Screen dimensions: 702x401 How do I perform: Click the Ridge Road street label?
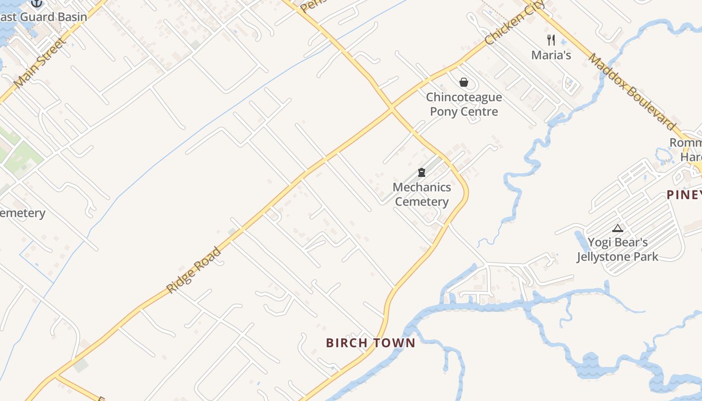tap(194, 270)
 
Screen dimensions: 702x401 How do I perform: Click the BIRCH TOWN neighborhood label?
tap(371, 343)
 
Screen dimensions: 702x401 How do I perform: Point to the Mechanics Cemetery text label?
tap(421, 194)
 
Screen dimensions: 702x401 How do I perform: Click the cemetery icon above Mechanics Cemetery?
tap(422, 173)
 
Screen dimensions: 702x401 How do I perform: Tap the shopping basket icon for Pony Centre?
tap(464, 82)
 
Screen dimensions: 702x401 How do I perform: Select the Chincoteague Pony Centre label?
tap(464, 104)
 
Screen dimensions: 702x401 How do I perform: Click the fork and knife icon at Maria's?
tap(551, 40)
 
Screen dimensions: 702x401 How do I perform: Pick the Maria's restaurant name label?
tap(551, 55)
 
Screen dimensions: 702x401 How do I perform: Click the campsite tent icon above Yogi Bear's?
tap(618, 229)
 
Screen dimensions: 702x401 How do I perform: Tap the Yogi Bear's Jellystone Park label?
tap(617, 250)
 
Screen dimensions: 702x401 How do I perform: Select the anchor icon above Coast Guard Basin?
tap(37, 3)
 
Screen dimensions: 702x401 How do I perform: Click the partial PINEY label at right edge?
tap(684, 194)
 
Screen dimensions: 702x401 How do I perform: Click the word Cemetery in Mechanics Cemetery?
tap(421, 202)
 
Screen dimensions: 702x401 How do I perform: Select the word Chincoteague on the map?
tap(464, 97)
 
